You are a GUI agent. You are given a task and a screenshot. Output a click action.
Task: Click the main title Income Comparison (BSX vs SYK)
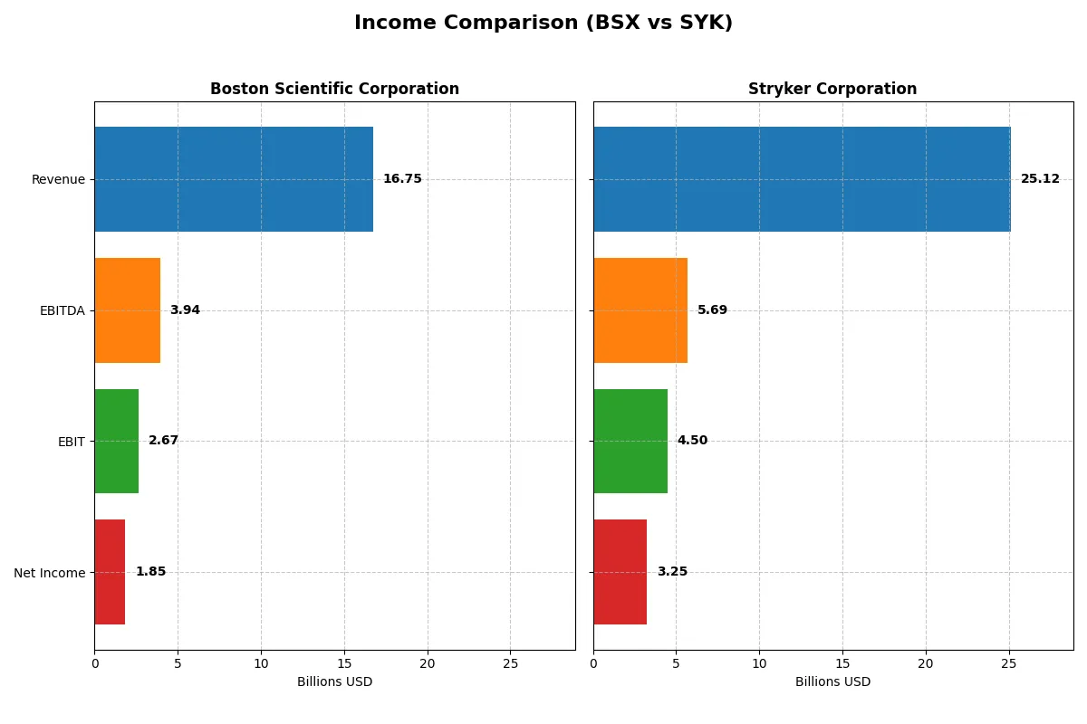tap(543, 24)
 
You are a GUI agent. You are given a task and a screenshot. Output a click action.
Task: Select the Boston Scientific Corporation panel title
tap(334, 90)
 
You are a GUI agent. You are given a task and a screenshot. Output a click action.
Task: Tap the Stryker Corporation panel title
tap(832, 90)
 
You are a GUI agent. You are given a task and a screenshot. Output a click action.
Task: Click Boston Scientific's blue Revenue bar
tap(234, 179)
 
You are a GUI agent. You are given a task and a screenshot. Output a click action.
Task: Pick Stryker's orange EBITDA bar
tap(640, 310)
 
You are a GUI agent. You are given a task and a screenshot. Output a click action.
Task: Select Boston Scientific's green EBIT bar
tap(117, 442)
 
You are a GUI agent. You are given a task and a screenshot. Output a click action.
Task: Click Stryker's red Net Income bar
tap(620, 572)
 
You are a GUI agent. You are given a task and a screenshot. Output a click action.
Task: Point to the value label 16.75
tap(402, 179)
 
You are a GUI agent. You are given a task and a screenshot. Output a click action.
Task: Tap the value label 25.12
tap(1040, 179)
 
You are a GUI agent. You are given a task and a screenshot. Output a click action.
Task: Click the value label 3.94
tap(185, 310)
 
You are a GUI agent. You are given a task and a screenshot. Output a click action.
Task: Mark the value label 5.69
tap(712, 310)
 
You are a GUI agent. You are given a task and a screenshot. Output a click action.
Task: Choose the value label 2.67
tap(164, 441)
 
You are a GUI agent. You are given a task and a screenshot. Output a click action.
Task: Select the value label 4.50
tap(692, 441)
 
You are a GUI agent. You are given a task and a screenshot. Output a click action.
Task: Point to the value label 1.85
tap(150, 572)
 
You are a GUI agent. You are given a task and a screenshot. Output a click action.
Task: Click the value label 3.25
tap(672, 572)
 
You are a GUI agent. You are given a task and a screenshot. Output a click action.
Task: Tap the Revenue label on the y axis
tap(58, 180)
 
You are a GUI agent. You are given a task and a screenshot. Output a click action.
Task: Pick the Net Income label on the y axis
tap(50, 573)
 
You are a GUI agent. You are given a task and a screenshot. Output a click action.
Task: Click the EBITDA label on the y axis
tap(63, 311)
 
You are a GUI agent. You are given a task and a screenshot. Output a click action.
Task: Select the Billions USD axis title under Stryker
tap(832, 682)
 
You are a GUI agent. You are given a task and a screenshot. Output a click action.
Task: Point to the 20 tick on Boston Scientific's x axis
tap(428, 664)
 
